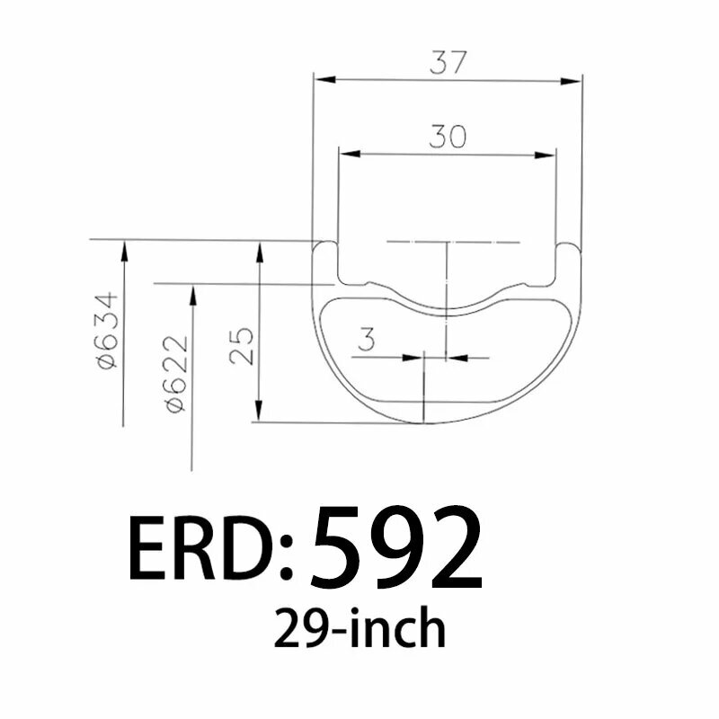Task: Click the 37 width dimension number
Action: pyautogui.click(x=447, y=63)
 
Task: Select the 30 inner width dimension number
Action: pyautogui.click(x=447, y=137)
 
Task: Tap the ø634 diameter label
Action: pyautogui.click(x=109, y=329)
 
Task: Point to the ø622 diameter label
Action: pyautogui.click(x=178, y=373)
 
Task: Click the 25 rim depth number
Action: pyautogui.click(x=241, y=344)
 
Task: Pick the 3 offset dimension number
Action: pyautogui.click(x=367, y=341)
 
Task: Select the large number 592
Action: pyautogui.click(x=396, y=547)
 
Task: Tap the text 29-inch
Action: pyautogui.click(x=359, y=629)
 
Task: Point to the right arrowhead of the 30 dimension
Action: pyautogui.click(x=547, y=155)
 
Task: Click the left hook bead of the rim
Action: pyautogui.click(x=324, y=249)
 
